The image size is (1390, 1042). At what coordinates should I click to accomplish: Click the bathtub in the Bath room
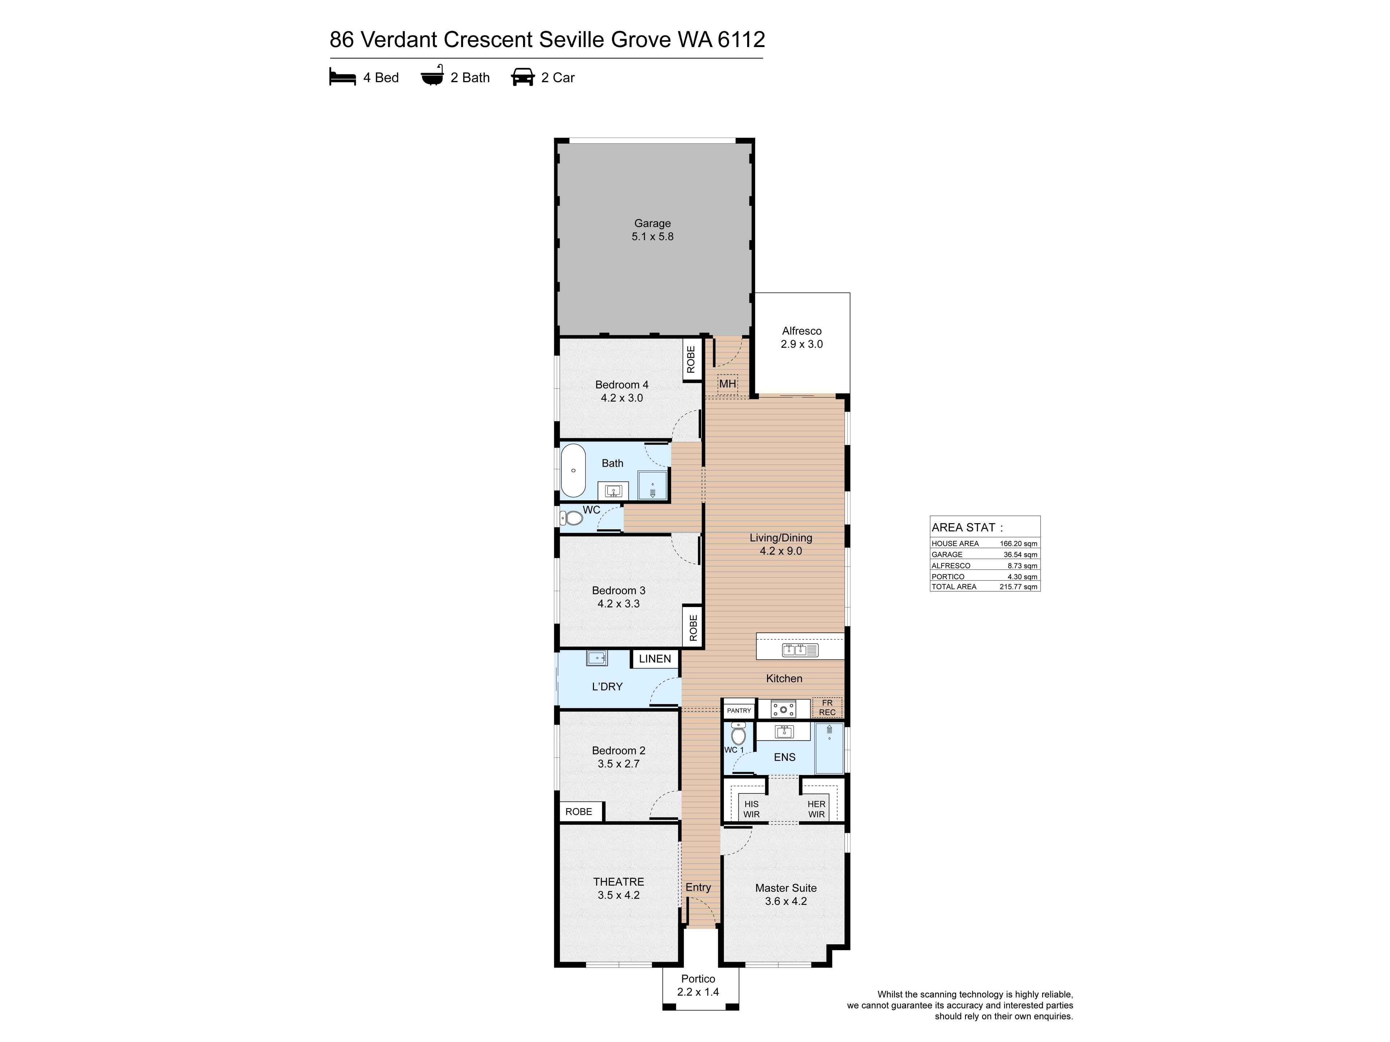573,470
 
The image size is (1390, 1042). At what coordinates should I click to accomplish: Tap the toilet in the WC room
571,518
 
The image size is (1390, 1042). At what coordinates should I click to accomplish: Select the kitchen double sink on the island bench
800,650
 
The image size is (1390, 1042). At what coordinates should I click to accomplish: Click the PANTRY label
739,710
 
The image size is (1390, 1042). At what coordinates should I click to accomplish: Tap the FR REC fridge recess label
827,707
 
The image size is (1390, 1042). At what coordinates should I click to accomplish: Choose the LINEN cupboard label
655,658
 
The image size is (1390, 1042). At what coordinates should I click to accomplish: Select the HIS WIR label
751,809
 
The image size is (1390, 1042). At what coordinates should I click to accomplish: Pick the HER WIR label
816,809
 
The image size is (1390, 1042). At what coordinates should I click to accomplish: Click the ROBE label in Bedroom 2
579,812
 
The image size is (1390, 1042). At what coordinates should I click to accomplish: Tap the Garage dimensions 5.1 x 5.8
652,237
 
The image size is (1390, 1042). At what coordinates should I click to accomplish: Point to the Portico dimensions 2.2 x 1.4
698,992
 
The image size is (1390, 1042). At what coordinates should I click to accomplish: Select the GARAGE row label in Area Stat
947,555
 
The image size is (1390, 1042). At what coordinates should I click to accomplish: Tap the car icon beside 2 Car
523,77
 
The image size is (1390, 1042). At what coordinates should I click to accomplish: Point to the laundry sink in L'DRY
597,658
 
